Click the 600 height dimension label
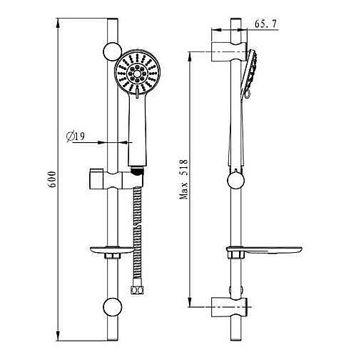click(52, 179)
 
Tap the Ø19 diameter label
click(76, 136)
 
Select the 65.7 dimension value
click(266, 24)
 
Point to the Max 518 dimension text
click(184, 179)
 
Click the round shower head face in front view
click(137, 73)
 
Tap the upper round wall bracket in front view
click(112, 52)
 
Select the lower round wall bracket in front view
click(112, 306)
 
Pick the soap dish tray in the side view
click(264, 250)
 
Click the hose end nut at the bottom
click(138, 291)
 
